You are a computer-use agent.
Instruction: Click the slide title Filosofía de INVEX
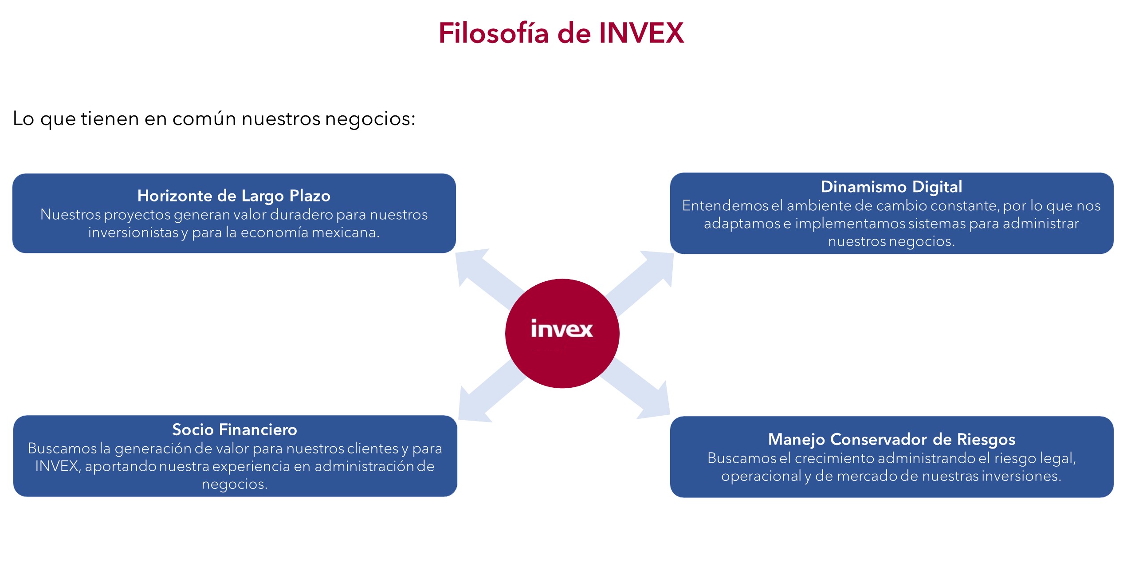tap(561, 33)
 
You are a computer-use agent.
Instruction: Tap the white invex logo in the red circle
tap(561, 329)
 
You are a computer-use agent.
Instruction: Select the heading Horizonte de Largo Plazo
tap(234, 196)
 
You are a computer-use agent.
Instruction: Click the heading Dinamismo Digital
tap(891, 187)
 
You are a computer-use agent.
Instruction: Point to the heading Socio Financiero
tap(235, 429)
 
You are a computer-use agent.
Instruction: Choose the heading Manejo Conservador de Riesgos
tap(891, 439)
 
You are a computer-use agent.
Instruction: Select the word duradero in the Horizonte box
tap(301, 215)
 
